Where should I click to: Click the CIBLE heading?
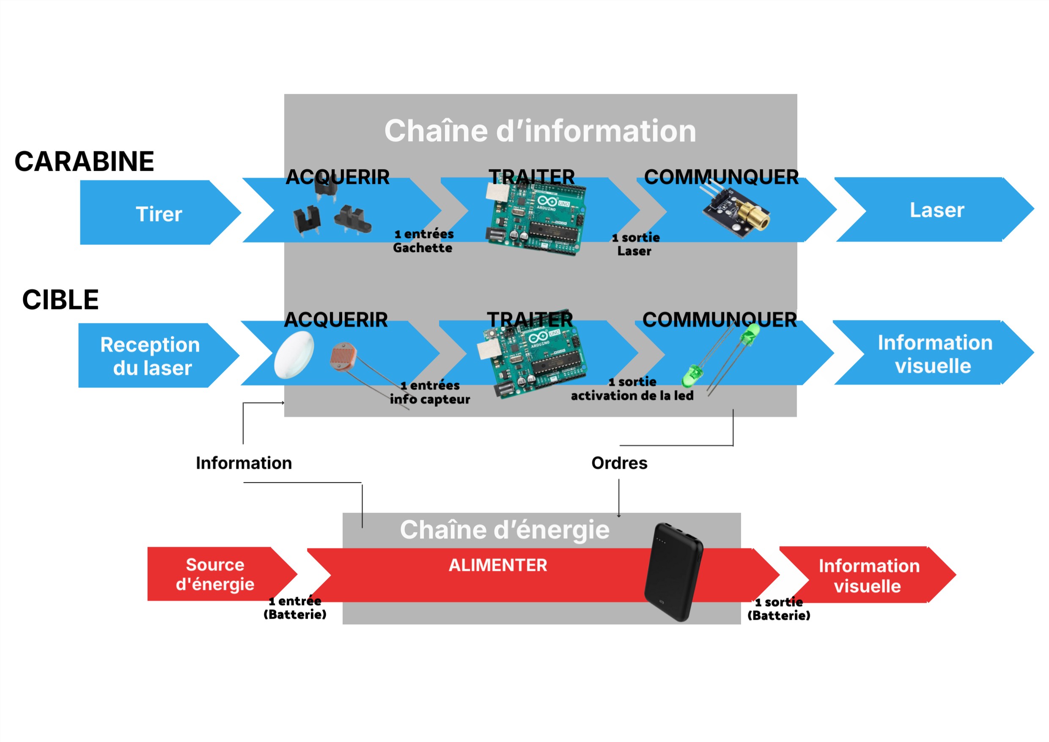(x=60, y=300)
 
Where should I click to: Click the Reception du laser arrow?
(x=151, y=356)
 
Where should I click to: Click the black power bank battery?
(x=673, y=572)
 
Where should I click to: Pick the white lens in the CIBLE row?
(x=294, y=355)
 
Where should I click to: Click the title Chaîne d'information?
(x=540, y=131)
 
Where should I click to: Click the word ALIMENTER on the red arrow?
(x=497, y=565)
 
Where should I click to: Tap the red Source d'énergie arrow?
(x=215, y=574)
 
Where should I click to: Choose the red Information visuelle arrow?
(x=868, y=576)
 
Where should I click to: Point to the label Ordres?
(x=619, y=463)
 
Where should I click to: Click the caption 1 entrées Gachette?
(x=423, y=241)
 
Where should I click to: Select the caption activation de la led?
(x=632, y=396)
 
